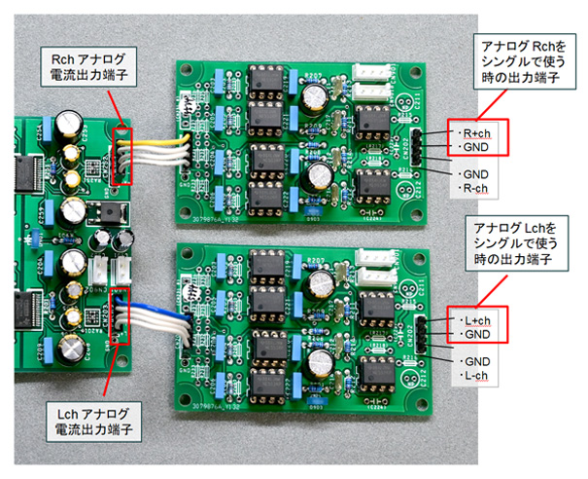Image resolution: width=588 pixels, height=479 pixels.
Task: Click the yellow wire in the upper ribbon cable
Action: [x=156, y=139]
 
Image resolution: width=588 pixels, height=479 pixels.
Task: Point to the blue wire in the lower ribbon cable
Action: [x=156, y=313]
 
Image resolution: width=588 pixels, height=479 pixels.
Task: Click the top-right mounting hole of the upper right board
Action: [x=425, y=71]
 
